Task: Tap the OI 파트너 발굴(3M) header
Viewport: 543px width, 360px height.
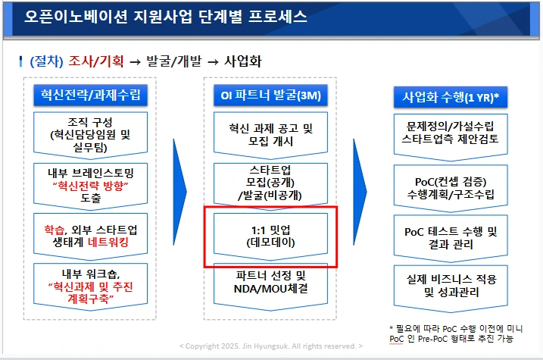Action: click(270, 95)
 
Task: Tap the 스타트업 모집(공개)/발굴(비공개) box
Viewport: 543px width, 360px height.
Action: click(270, 182)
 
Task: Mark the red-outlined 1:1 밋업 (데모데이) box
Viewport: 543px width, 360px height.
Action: click(270, 235)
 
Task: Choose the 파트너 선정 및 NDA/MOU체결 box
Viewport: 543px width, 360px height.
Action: click(270, 282)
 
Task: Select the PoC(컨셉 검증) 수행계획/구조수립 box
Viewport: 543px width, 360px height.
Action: click(451, 186)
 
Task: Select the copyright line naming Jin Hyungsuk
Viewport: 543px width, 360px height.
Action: click(270, 346)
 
